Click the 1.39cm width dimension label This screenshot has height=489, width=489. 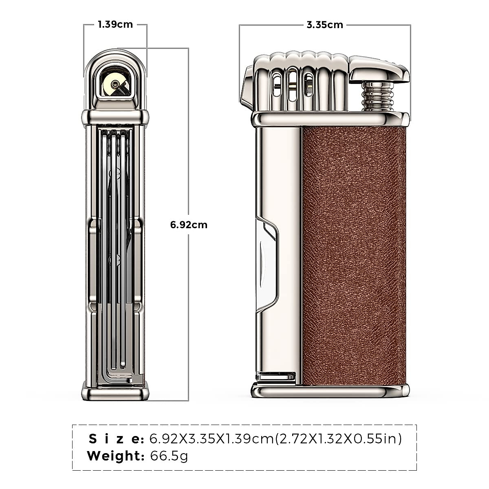point(115,24)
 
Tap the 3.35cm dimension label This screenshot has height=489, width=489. point(325,25)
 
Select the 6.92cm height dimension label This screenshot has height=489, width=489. point(189,225)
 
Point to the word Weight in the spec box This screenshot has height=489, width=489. point(116,456)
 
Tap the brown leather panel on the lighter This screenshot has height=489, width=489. point(354,257)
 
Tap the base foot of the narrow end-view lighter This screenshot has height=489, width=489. point(115,392)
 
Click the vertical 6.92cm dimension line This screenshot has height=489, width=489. point(189,306)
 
